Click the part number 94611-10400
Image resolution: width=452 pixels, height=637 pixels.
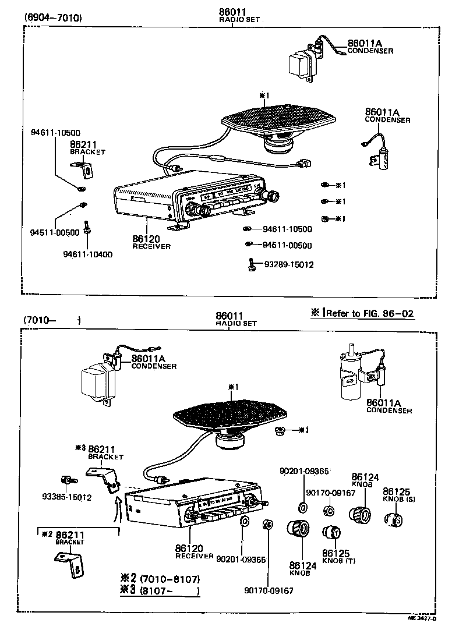(x=88, y=254)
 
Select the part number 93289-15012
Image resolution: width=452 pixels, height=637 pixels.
(x=289, y=264)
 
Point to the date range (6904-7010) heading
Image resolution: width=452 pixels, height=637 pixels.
(x=53, y=17)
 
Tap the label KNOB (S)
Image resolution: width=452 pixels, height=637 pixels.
(x=400, y=500)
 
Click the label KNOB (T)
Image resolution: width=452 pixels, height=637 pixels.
(x=338, y=560)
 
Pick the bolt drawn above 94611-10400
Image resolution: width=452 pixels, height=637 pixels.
(x=86, y=228)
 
